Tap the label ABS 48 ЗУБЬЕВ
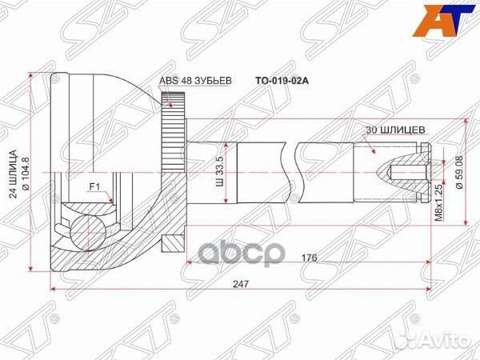194,80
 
